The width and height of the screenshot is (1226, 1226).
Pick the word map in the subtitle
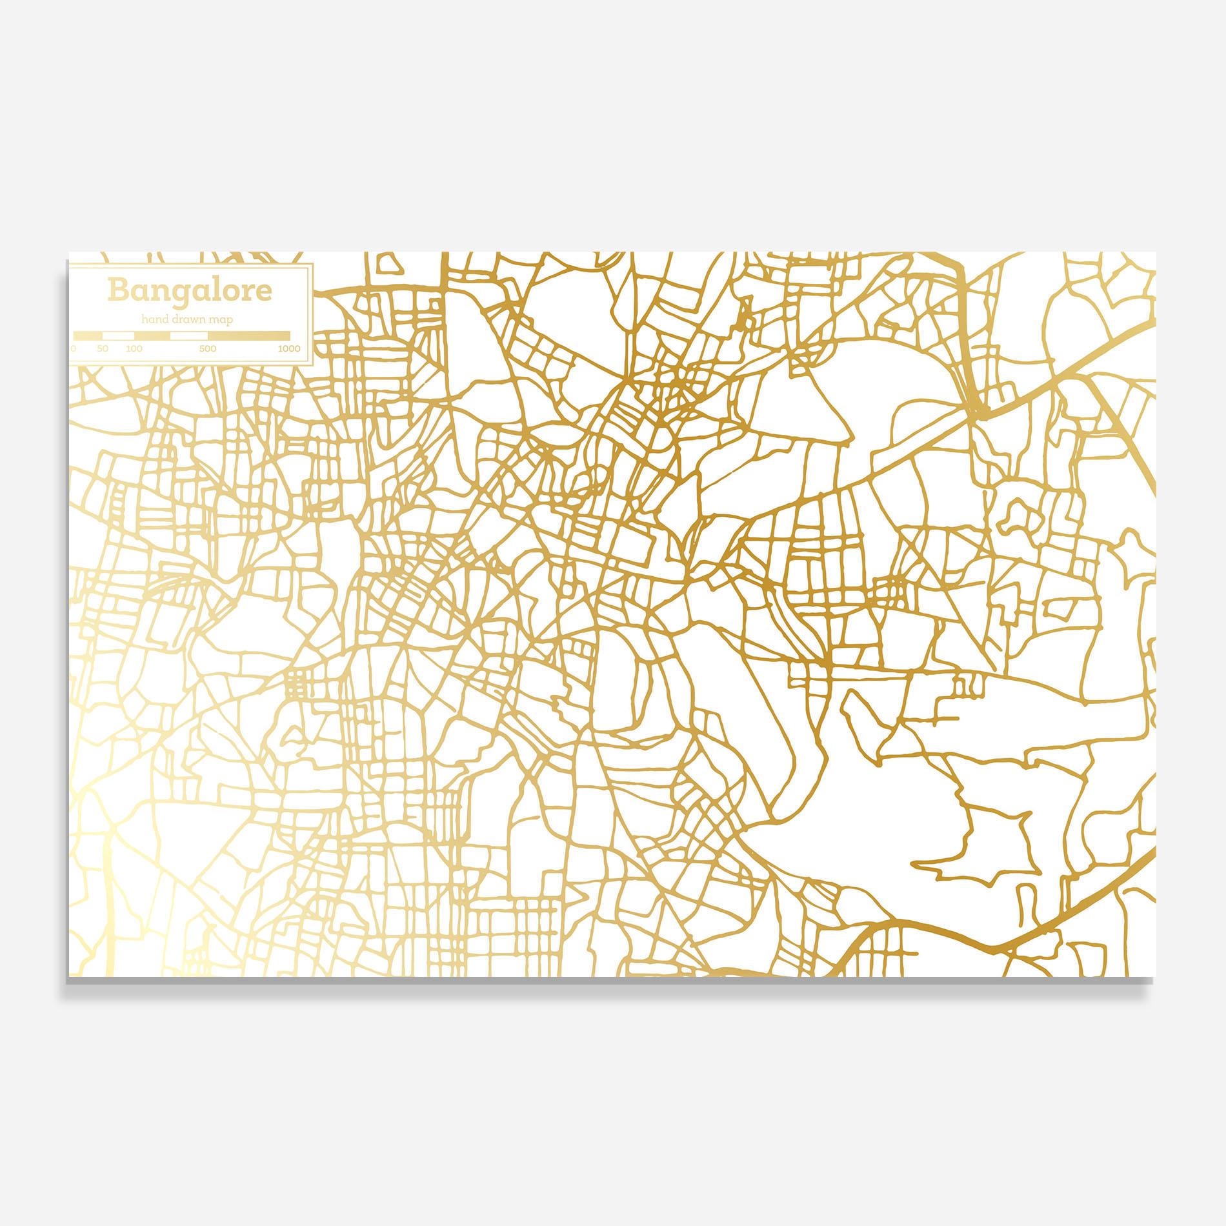tap(221, 319)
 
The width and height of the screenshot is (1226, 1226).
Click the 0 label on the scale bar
tap(74, 348)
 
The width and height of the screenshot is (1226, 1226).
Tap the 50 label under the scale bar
tap(103, 348)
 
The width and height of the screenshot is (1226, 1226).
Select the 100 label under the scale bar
tap(134, 348)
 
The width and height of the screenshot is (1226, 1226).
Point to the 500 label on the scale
tap(208, 348)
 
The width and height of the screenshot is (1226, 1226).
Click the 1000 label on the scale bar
tap(289, 348)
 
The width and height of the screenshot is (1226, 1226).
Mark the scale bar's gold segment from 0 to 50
tap(88, 336)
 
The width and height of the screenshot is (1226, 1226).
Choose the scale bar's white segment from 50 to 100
tap(118, 336)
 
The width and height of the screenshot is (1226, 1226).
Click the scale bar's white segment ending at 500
tap(188, 336)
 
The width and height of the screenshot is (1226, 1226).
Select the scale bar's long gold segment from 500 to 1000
tap(249, 336)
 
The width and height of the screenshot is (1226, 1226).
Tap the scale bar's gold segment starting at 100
tap(152, 336)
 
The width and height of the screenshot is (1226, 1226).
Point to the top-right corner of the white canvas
tap(1156, 252)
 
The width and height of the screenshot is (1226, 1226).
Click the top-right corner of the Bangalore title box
tap(313, 264)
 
